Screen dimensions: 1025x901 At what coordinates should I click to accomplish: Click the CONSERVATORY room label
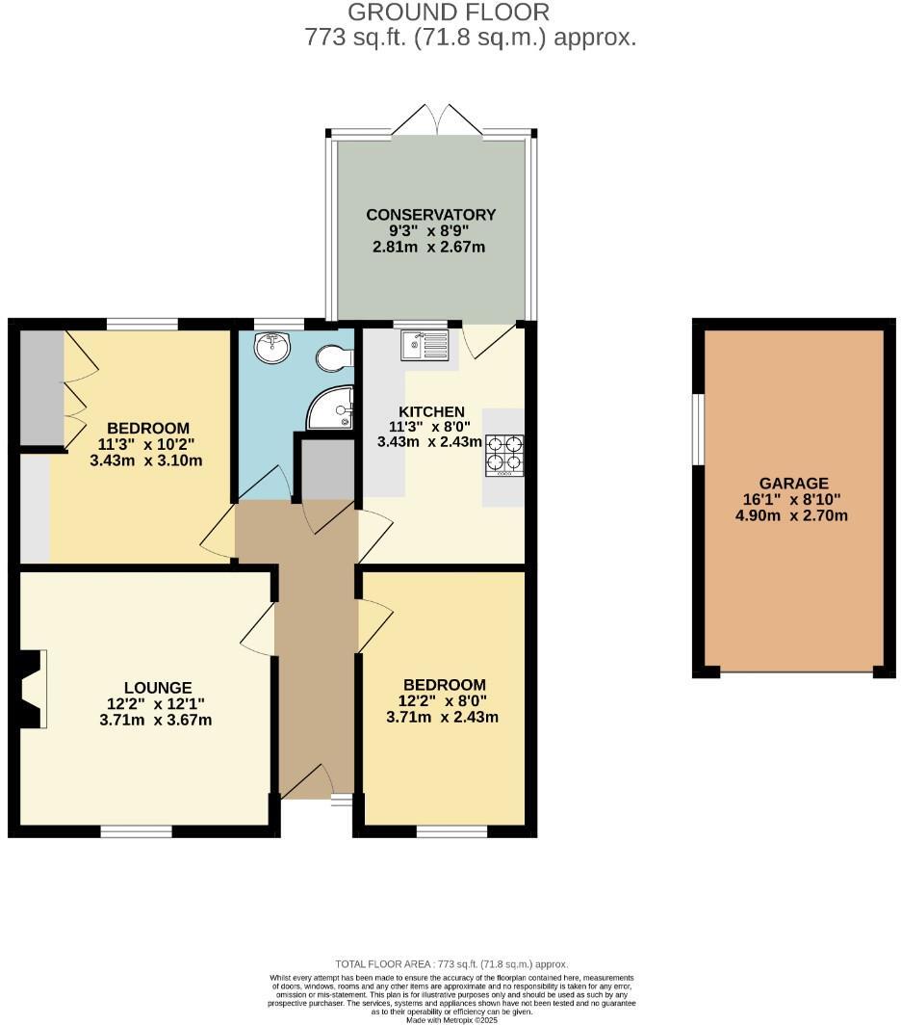(430, 215)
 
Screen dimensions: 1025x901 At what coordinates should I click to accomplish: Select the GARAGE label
(793, 484)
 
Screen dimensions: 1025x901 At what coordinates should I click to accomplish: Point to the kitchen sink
(425, 345)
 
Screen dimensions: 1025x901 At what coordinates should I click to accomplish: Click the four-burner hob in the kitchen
(503, 455)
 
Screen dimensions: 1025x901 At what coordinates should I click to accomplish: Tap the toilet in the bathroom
(334, 358)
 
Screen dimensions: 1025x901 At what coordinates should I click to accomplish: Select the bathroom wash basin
(272, 347)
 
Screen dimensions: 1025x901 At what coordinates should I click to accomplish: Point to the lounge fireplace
(30, 689)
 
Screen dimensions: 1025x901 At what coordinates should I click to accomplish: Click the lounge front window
(136, 830)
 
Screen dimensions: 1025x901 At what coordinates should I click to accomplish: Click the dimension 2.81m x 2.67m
(429, 247)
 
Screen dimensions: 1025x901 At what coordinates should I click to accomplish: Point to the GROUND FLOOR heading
(449, 13)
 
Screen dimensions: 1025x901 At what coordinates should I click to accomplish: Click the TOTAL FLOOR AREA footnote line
(450, 963)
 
